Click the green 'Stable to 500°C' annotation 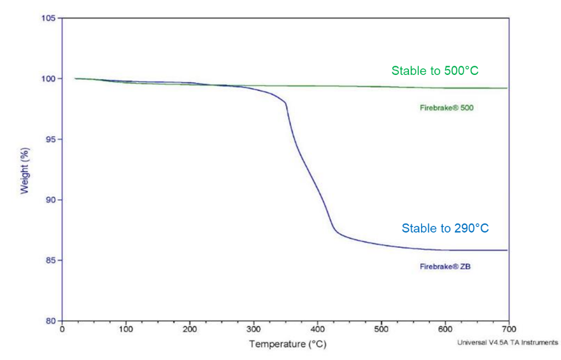(x=435, y=71)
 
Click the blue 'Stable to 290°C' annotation (x=445, y=228)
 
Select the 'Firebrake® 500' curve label (x=447, y=108)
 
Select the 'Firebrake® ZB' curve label (x=445, y=266)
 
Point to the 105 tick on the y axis (x=48, y=18)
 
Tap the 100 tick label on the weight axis (x=48, y=79)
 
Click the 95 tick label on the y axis (x=50, y=139)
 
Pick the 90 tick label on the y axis (x=50, y=200)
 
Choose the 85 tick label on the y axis (x=50, y=260)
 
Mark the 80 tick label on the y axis (x=50, y=321)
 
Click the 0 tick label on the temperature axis (x=62, y=329)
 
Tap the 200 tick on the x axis (x=190, y=329)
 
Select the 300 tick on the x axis (x=254, y=329)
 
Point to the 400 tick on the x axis (x=317, y=329)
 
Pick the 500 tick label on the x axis (x=382, y=329)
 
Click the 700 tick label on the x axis (x=509, y=329)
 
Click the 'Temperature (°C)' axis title (x=288, y=344)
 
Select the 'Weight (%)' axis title (x=24, y=171)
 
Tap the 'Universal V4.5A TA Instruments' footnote (x=507, y=343)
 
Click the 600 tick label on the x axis (x=445, y=329)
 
